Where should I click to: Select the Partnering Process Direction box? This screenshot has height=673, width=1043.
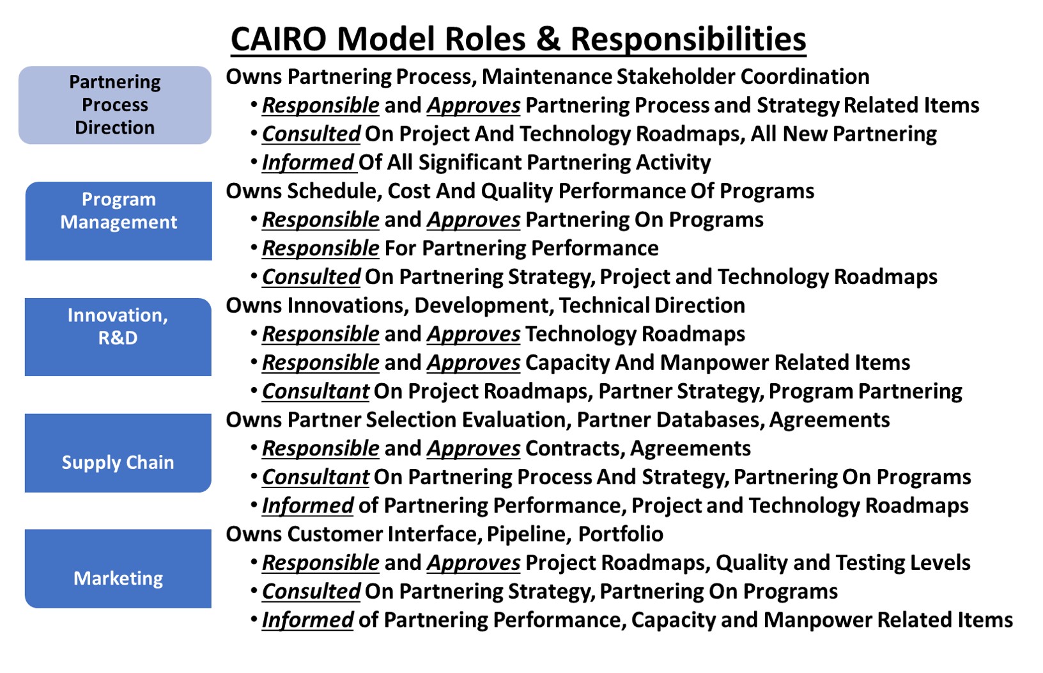(115, 105)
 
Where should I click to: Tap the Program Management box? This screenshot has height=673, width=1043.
(119, 221)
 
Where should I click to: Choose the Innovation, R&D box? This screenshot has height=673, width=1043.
(118, 337)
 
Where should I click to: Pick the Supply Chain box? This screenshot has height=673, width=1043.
(118, 453)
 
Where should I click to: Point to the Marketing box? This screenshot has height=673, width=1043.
(118, 569)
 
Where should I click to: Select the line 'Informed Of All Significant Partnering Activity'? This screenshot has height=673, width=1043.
(486, 162)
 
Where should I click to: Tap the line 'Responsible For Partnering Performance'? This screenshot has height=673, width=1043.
(460, 248)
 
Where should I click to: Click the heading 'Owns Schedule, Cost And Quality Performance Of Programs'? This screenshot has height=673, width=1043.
(520, 191)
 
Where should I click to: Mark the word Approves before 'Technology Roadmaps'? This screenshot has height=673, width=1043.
(474, 334)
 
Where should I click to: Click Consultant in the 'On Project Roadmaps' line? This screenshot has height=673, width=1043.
(315, 392)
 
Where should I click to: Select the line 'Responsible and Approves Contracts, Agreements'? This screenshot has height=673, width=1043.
(506, 448)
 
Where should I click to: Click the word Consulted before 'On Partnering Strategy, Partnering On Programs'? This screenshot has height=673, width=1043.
(311, 592)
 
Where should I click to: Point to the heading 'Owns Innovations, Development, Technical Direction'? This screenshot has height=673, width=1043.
(485, 306)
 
